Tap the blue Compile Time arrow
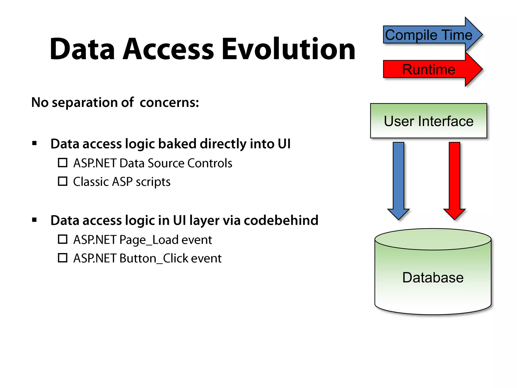click(429, 35)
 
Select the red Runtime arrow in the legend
click(429, 69)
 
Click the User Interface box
click(428, 121)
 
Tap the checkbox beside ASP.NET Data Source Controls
click(63, 163)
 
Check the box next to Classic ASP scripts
click(63, 181)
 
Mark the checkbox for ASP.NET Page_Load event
click(63, 239)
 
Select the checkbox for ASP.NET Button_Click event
click(63, 258)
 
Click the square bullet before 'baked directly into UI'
click(35, 143)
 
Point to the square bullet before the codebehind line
click(35, 220)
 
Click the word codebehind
click(281, 220)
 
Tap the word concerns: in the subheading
click(169, 103)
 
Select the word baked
click(177, 144)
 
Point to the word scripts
click(153, 182)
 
